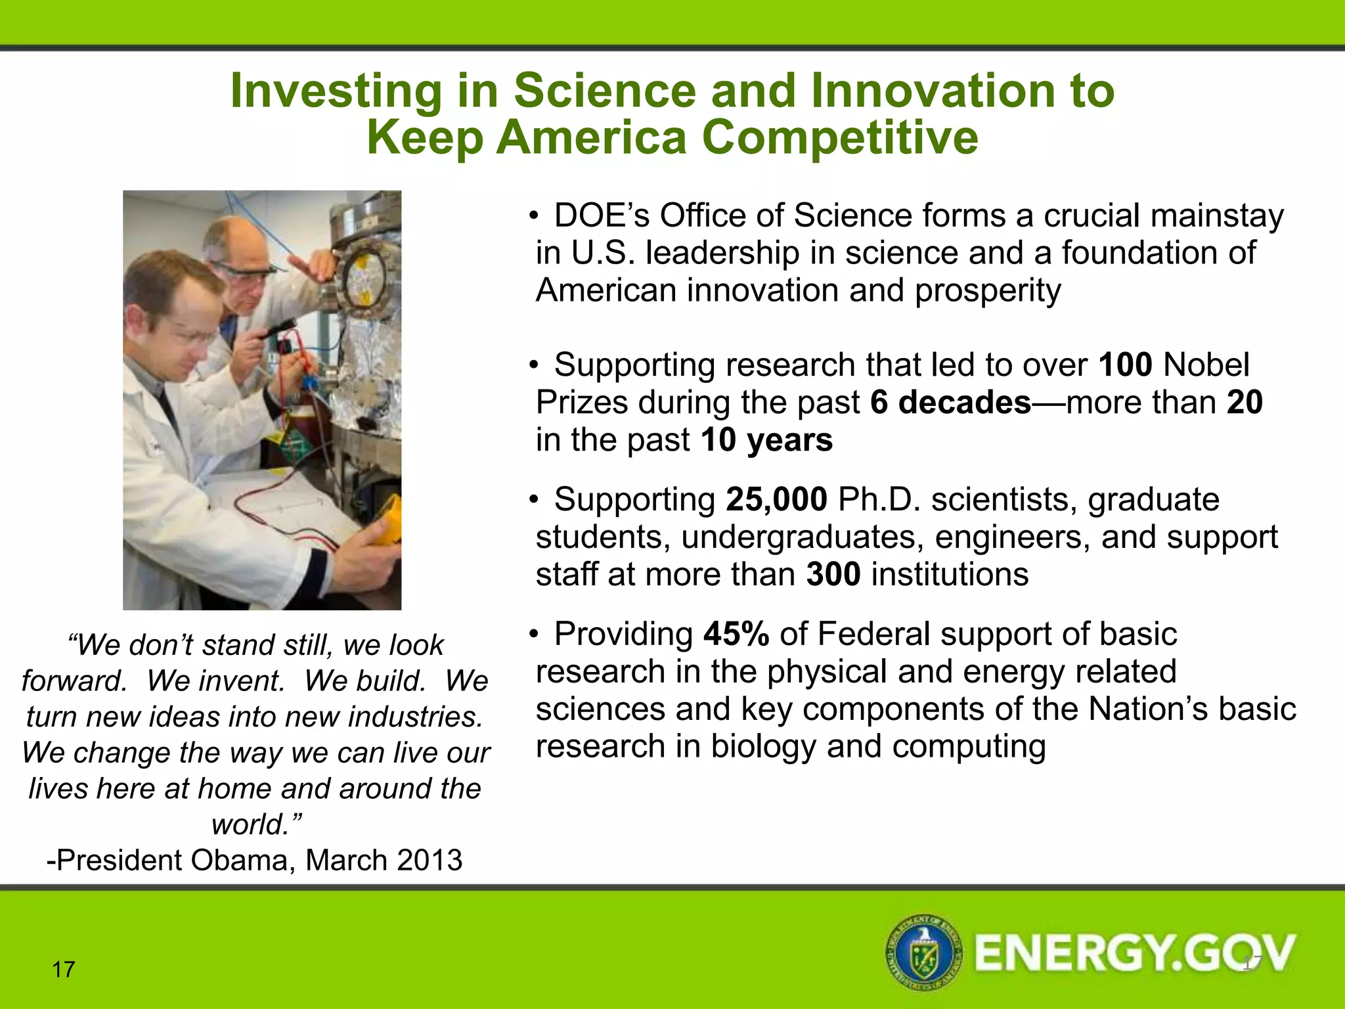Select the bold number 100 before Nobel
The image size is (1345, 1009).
click(x=1125, y=365)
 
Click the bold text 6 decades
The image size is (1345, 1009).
click(x=950, y=402)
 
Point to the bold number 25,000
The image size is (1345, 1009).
click(x=776, y=499)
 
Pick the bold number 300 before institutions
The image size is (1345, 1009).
click(x=833, y=574)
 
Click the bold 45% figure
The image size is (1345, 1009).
click(x=736, y=634)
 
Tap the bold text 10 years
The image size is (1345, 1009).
click(x=766, y=439)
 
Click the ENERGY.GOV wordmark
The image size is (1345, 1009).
click(x=1135, y=953)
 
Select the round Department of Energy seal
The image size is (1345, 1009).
click(x=925, y=952)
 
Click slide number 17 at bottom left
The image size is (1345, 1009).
click(x=64, y=970)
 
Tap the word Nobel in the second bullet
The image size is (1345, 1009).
click(x=1206, y=365)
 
